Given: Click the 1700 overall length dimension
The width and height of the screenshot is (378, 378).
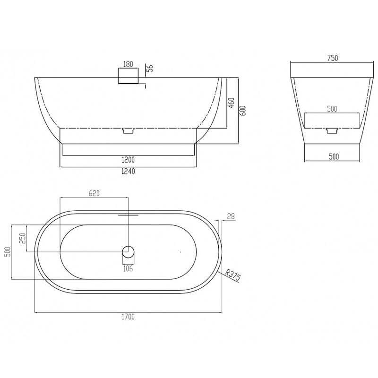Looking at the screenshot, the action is click(x=128, y=317).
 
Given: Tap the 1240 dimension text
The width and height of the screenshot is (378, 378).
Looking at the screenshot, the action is click(x=128, y=171).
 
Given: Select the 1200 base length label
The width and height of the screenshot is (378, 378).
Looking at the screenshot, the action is click(x=128, y=160).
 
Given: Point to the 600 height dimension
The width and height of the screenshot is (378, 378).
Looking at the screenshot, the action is click(x=243, y=111).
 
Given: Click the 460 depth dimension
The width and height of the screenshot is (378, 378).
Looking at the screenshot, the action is click(x=231, y=103).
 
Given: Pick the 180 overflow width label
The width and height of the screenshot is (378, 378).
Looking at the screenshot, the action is click(x=128, y=64).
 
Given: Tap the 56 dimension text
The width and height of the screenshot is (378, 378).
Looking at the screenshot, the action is click(x=150, y=69).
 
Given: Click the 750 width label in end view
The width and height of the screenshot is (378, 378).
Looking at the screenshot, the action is click(x=333, y=58).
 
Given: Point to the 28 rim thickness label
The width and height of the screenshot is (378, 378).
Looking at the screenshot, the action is click(x=231, y=216).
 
